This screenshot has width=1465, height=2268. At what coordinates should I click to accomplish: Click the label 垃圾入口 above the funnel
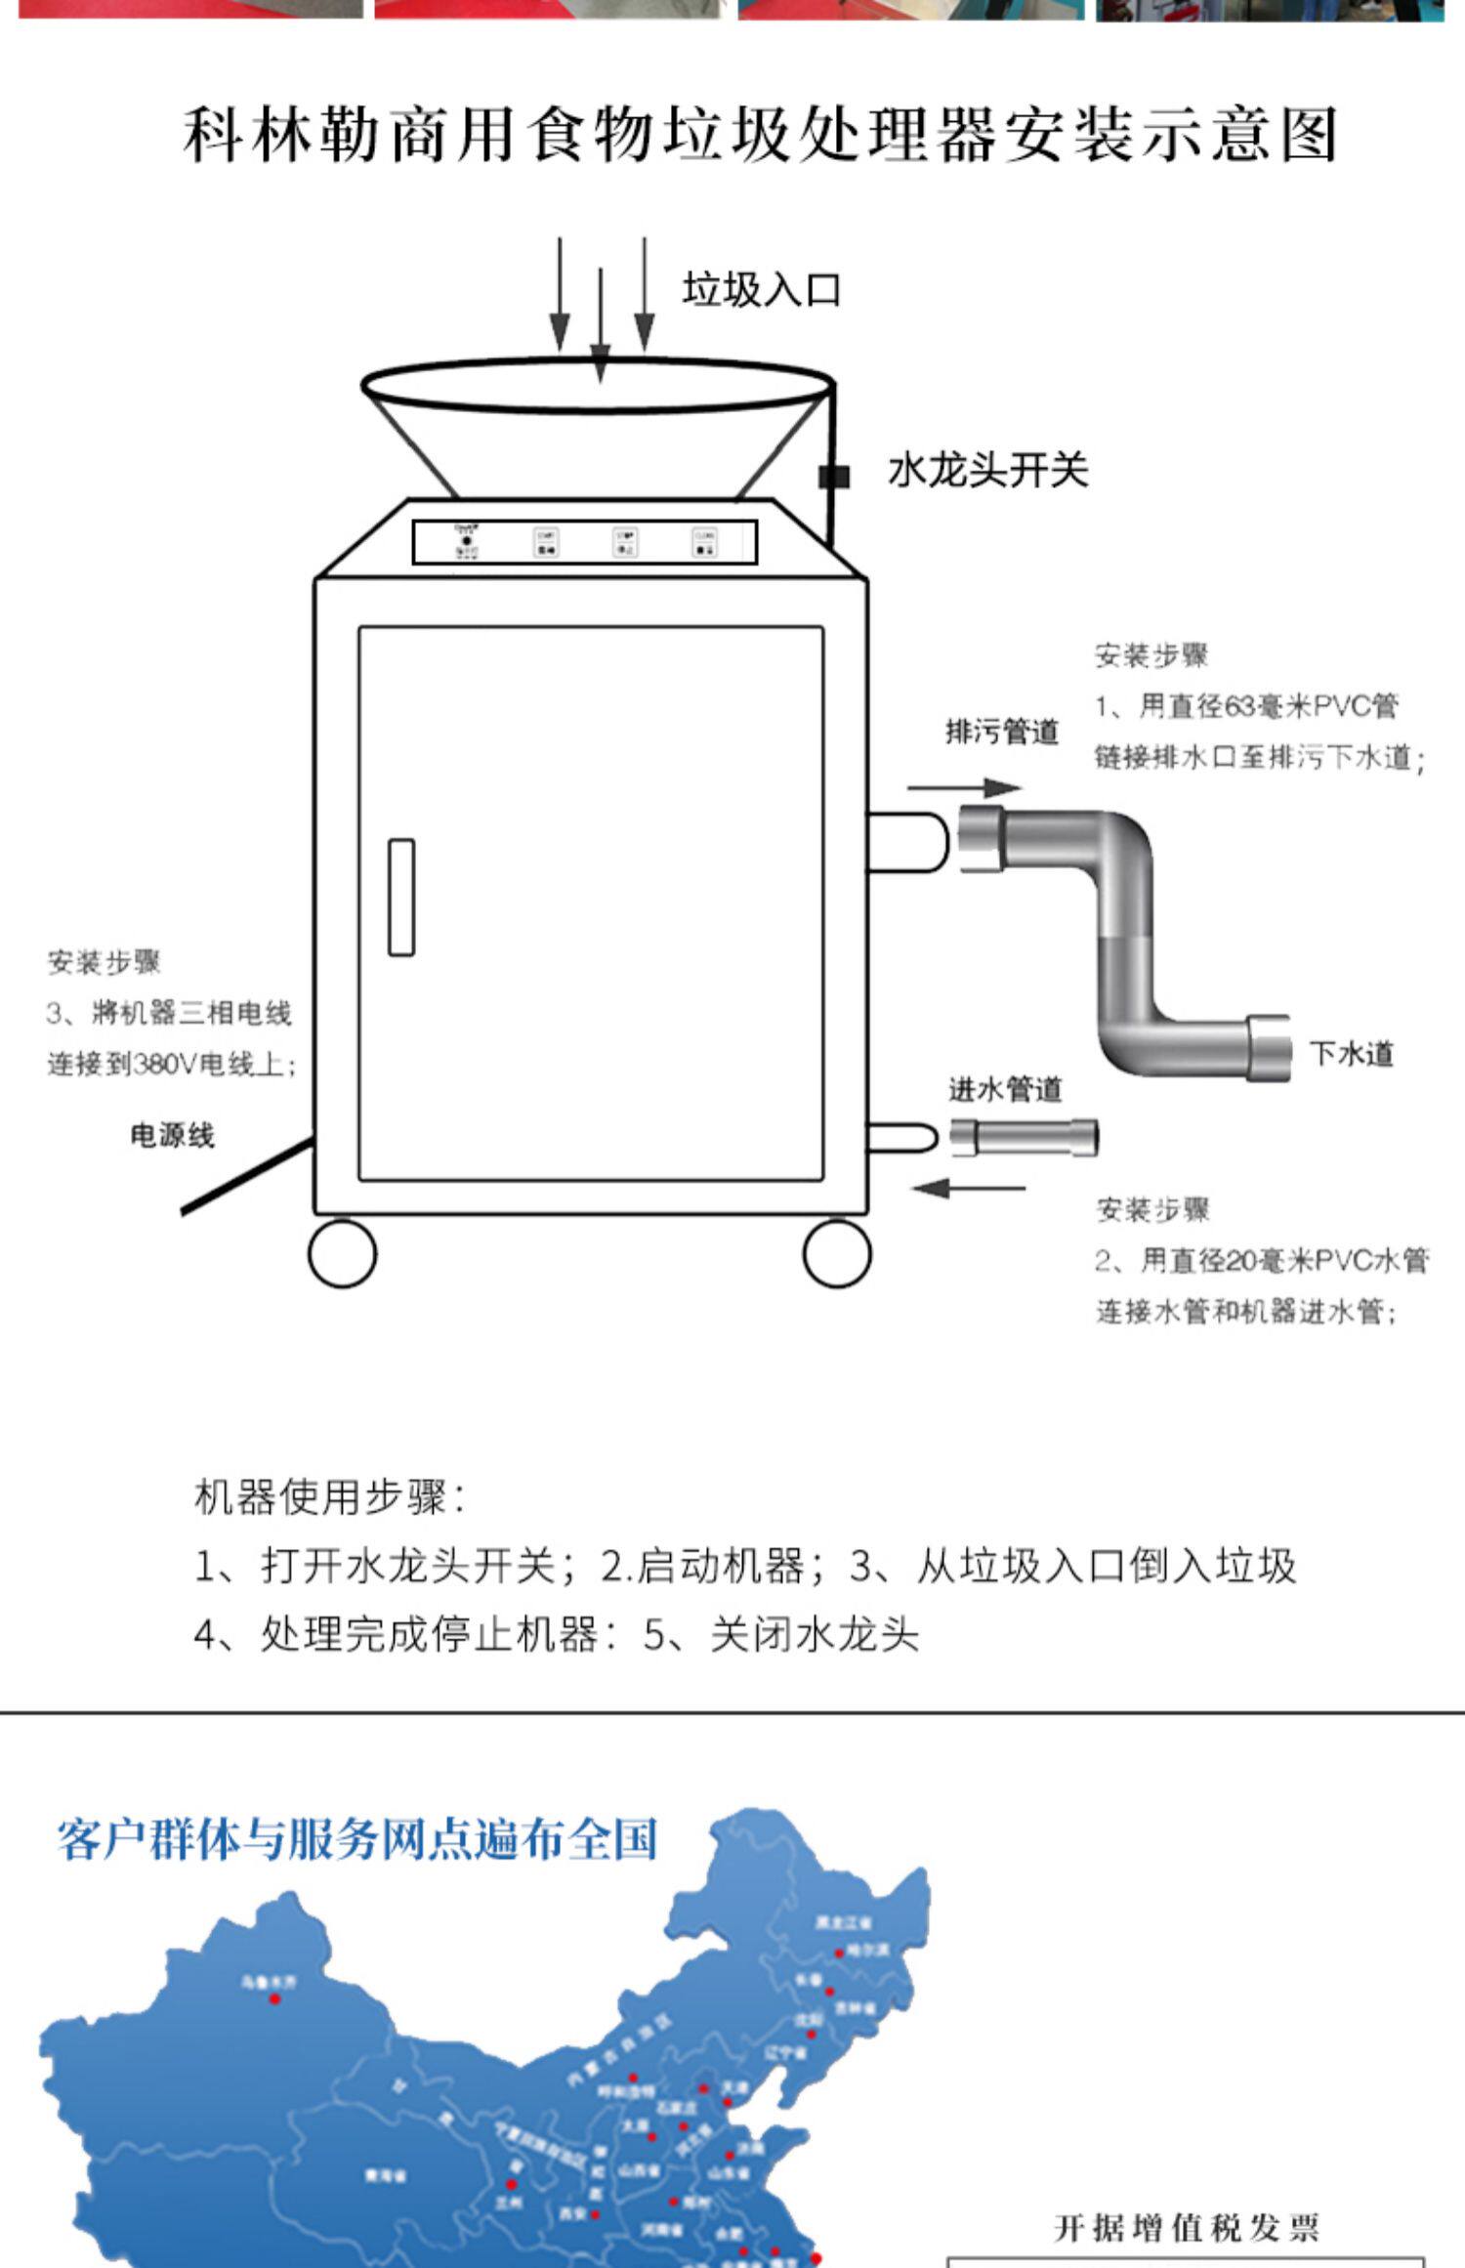click(x=761, y=290)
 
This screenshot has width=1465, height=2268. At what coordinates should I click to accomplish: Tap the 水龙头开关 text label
click(x=987, y=471)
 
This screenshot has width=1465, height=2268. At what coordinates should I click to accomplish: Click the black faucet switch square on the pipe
click(x=833, y=477)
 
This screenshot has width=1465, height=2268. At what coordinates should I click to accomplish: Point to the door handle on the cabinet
click(x=401, y=897)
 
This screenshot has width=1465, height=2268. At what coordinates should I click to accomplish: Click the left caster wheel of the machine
click(x=342, y=1253)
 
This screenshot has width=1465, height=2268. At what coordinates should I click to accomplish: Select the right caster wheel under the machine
click(x=837, y=1253)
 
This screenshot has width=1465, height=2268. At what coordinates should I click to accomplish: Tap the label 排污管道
click(x=1002, y=731)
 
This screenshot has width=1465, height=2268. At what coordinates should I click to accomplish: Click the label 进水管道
click(x=1005, y=1089)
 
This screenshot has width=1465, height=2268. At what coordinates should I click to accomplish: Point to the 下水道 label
click(x=1352, y=1054)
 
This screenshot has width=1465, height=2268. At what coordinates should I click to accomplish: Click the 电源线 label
click(x=172, y=1135)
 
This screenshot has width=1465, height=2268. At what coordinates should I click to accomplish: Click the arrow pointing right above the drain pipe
click(x=964, y=787)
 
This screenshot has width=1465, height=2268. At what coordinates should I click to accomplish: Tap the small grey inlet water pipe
click(x=1024, y=1138)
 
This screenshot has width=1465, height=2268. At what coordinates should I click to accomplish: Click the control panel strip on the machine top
click(x=584, y=542)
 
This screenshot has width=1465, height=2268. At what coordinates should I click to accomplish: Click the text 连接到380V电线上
click(x=171, y=1064)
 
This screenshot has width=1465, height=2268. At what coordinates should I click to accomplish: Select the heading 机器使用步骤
click(x=330, y=1496)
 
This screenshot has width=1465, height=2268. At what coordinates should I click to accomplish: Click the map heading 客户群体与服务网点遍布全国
click(x=356, y=1839)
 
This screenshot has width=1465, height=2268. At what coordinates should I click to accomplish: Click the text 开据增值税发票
click(x=1187, y=2228)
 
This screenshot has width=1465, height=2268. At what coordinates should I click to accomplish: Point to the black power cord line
click(x=244, y=1179)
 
